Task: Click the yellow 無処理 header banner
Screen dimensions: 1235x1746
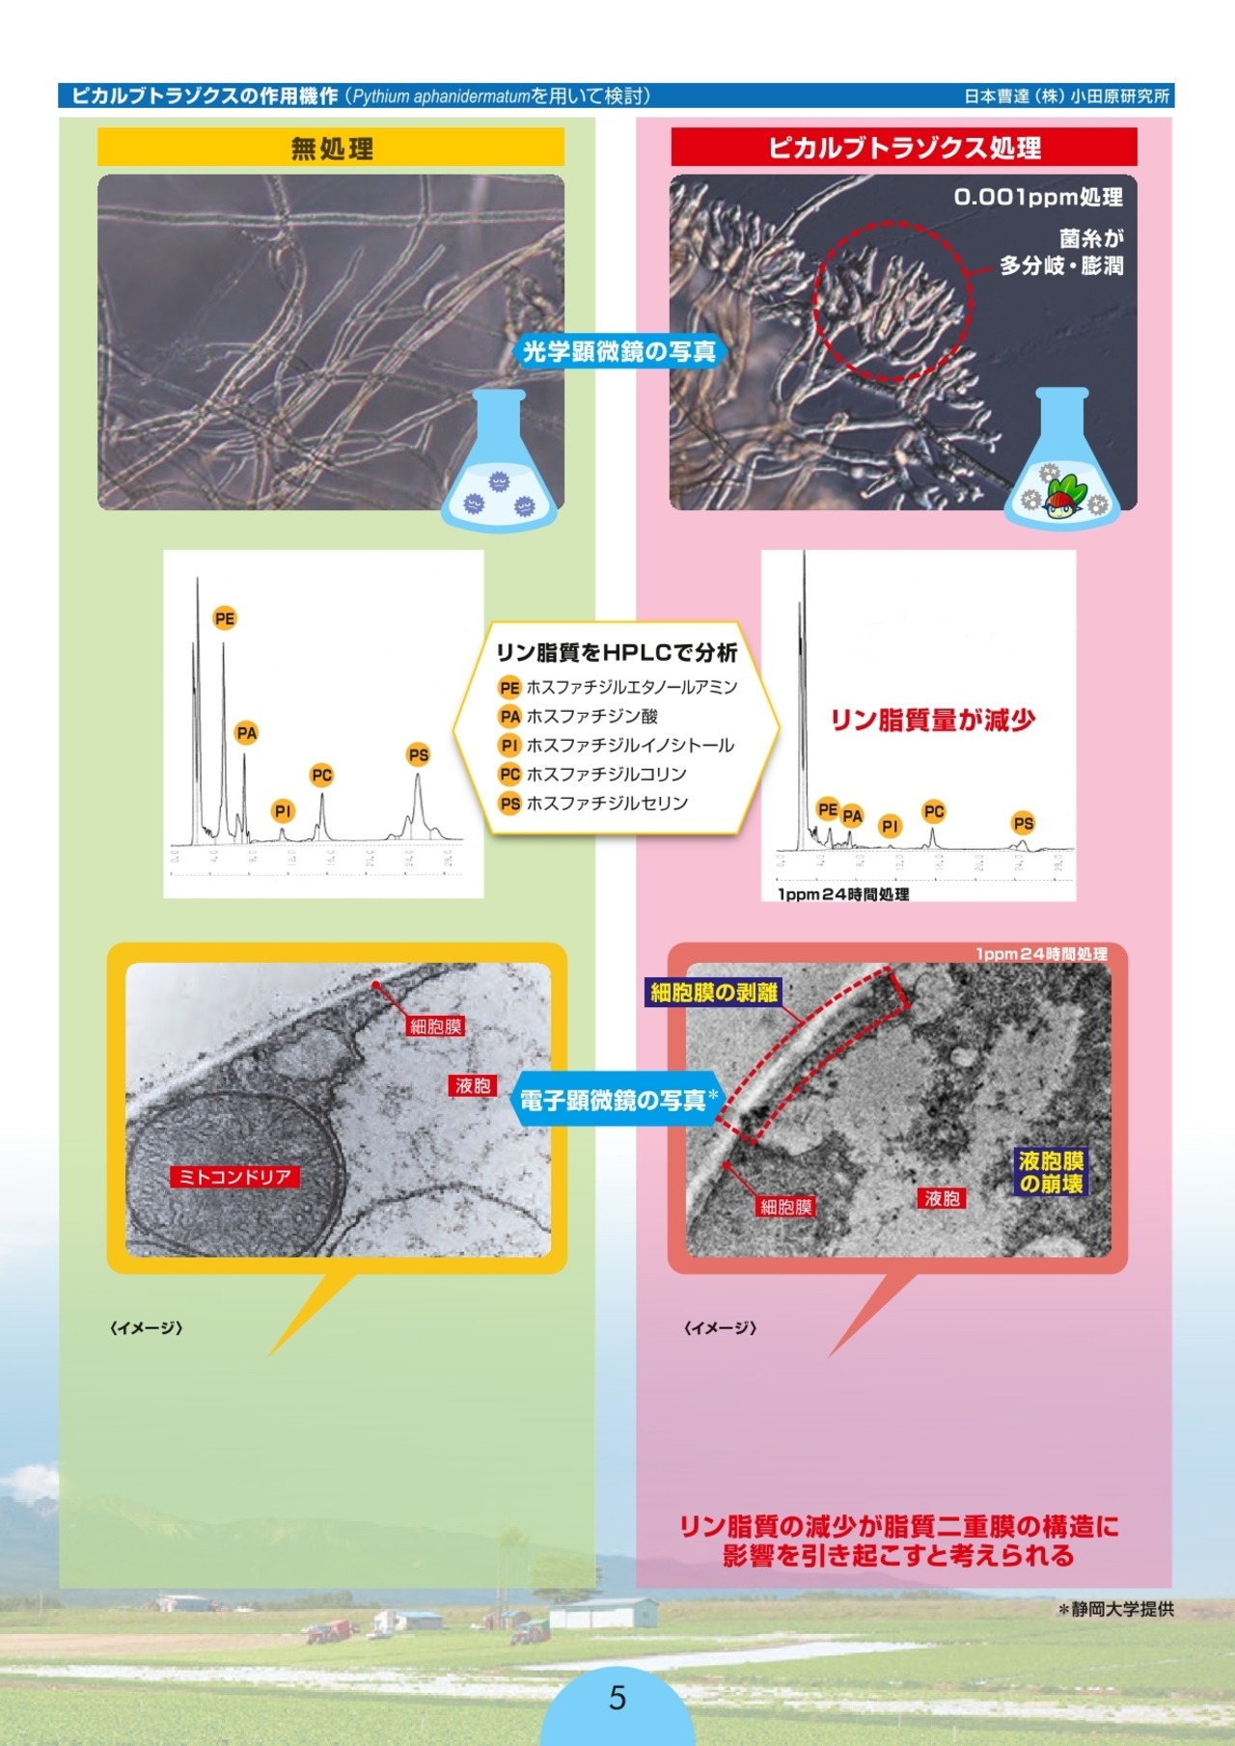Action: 331,149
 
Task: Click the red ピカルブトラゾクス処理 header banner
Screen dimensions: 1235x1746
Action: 904,148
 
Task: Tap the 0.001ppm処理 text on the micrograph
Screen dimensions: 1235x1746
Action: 1038,198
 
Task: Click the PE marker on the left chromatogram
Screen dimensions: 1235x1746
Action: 225,618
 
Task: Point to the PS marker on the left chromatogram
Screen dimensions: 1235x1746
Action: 418,754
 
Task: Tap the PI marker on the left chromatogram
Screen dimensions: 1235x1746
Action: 283,811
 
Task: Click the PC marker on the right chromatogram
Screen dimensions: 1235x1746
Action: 934,811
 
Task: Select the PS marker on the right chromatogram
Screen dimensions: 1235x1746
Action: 1024,823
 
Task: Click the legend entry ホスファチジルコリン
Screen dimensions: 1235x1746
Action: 606,774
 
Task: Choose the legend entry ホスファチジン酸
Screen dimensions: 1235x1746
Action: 591,716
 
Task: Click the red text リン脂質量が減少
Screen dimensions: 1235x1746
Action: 933,720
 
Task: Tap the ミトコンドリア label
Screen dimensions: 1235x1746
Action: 234,1177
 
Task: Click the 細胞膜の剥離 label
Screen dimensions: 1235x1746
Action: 714,993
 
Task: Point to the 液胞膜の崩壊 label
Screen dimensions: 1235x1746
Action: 1052,1172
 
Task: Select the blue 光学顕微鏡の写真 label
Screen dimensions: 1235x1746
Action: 618,351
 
